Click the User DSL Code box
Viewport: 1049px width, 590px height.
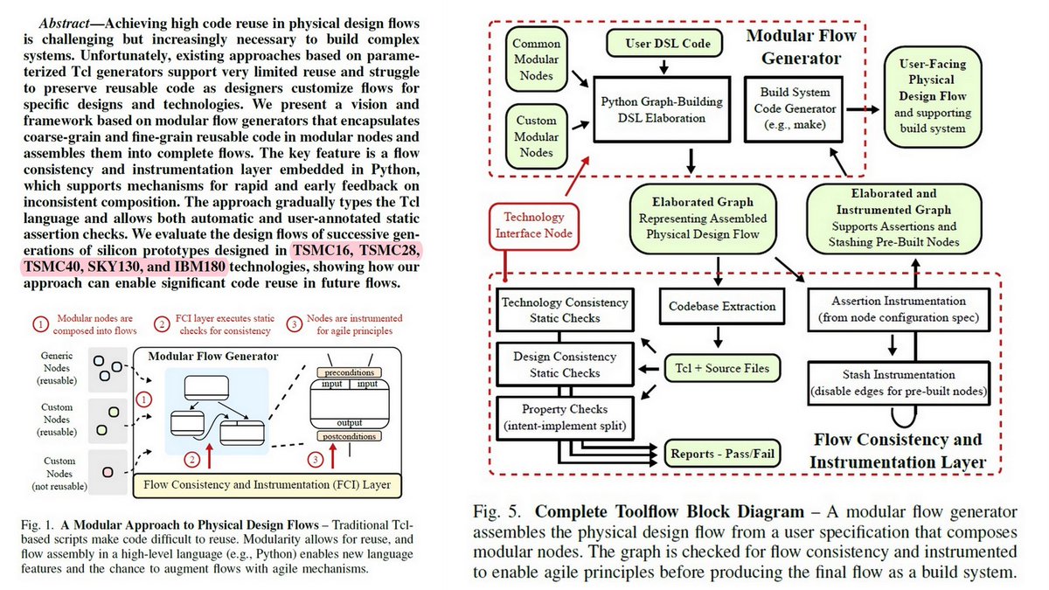666,42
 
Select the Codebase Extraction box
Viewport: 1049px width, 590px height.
722,306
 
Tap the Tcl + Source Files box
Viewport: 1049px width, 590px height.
722,368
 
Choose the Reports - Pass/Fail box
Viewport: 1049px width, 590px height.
723,454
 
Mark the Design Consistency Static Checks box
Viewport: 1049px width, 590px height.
564,364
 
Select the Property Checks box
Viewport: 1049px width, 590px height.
564,417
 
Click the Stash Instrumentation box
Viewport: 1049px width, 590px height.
900,382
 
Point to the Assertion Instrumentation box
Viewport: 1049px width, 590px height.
900,308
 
